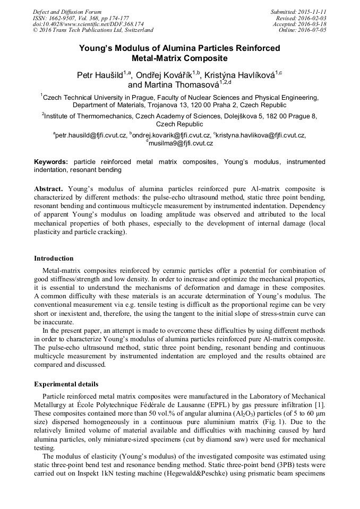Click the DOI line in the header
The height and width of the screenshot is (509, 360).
point(88,24)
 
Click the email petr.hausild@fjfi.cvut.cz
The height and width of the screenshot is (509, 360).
point(91,135)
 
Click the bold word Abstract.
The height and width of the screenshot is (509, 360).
point(49,188)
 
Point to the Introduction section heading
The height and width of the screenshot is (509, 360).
point(54,258)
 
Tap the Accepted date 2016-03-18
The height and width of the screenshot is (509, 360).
point(313,24)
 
